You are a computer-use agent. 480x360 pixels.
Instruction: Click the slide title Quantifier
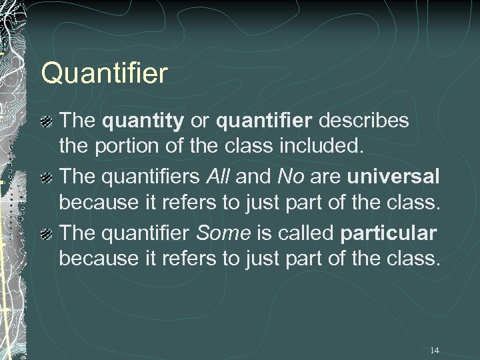coord(104,73)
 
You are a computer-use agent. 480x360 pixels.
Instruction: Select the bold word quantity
coord(143,121)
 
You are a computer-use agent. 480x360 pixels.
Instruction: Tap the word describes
coord(365,121)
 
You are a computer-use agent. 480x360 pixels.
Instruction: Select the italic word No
coord(289,177)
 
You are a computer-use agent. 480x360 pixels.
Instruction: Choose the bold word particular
coord(388,234)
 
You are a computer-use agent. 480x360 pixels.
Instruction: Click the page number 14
coord(435,350)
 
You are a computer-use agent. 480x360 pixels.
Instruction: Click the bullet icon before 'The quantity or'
coord(46,121)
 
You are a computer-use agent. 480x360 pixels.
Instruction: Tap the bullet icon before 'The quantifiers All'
coord(46,177)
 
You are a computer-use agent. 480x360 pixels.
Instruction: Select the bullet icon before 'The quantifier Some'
coord(46,234)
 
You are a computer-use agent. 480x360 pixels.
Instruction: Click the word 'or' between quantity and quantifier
coord(199,121)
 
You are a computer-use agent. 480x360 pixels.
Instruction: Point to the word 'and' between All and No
coord(254,177)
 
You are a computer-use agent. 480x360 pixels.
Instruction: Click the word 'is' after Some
coord(265,233)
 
